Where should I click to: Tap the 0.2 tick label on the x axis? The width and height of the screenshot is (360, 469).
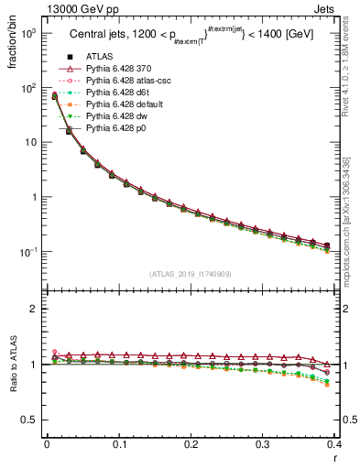coord(191,444)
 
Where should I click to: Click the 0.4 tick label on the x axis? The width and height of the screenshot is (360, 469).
coord(334,444)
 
